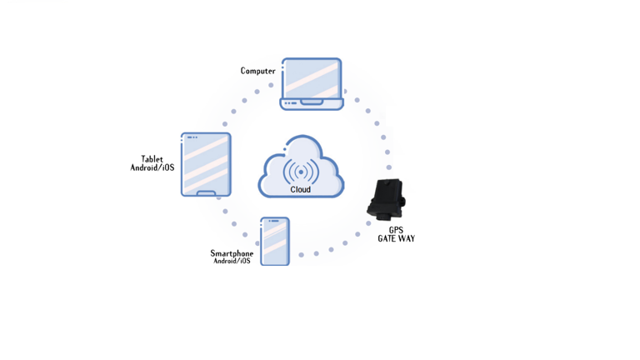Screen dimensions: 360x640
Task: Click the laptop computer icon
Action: coord(312,83)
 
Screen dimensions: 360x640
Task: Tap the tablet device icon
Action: coord(206,164)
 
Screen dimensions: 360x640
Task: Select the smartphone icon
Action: coord(275,241)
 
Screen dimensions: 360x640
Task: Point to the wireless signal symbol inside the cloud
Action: coord(301,172)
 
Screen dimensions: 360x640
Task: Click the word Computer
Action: coord(258,71)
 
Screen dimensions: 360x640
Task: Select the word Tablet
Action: coord(152,159)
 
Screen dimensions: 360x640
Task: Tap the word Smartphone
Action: coord(232,253)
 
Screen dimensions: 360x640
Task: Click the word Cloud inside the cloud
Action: coord(301,190)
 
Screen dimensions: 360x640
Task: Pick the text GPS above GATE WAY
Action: coord(396,230)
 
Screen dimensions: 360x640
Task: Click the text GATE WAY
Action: coord(396,239)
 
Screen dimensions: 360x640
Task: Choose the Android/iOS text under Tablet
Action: coord(152,168)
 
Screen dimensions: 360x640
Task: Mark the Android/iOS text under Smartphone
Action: coord(232,262)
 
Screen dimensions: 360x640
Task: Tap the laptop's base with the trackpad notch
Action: coord(312,103)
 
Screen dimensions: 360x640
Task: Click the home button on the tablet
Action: coord(206,193)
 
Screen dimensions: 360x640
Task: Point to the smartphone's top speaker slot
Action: coord(274,221)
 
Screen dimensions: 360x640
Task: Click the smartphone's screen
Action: coord(275,242)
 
